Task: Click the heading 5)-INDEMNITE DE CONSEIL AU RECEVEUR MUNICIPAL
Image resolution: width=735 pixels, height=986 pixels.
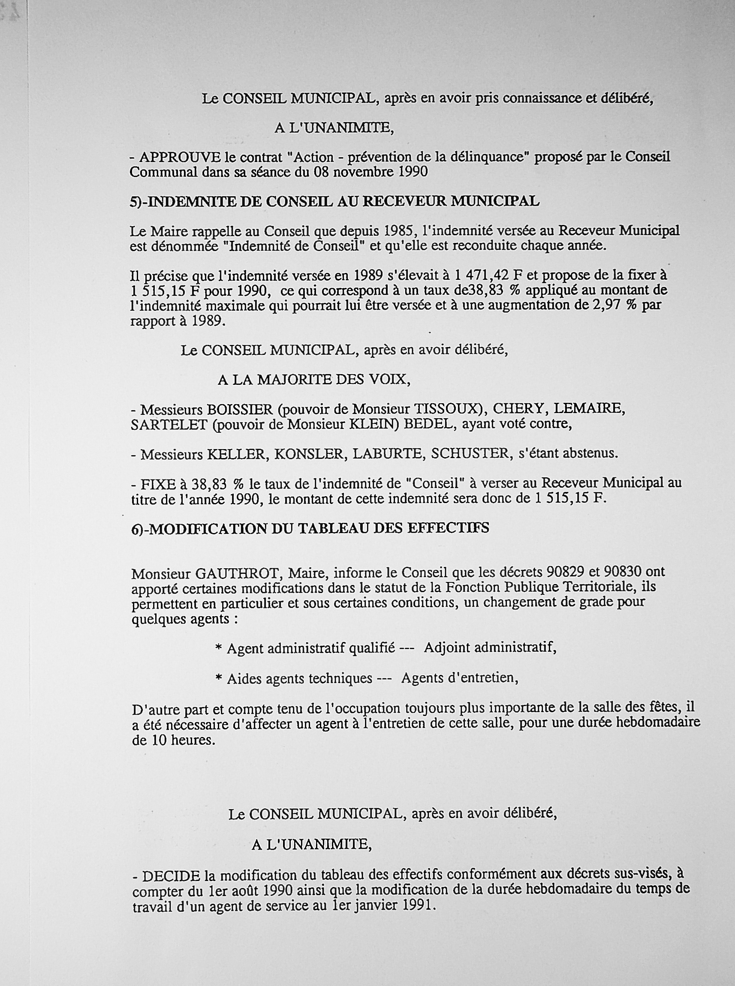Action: click(x=334, y=201)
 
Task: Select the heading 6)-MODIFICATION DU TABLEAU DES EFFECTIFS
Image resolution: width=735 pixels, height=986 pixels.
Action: click(x=310, y=528)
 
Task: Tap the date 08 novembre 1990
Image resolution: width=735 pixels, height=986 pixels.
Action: click(x=371, y=172)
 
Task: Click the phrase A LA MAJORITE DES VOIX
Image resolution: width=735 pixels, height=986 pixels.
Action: click(x=313, y=380)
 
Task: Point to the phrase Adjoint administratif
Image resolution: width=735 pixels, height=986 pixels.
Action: click(x=489, y=648)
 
